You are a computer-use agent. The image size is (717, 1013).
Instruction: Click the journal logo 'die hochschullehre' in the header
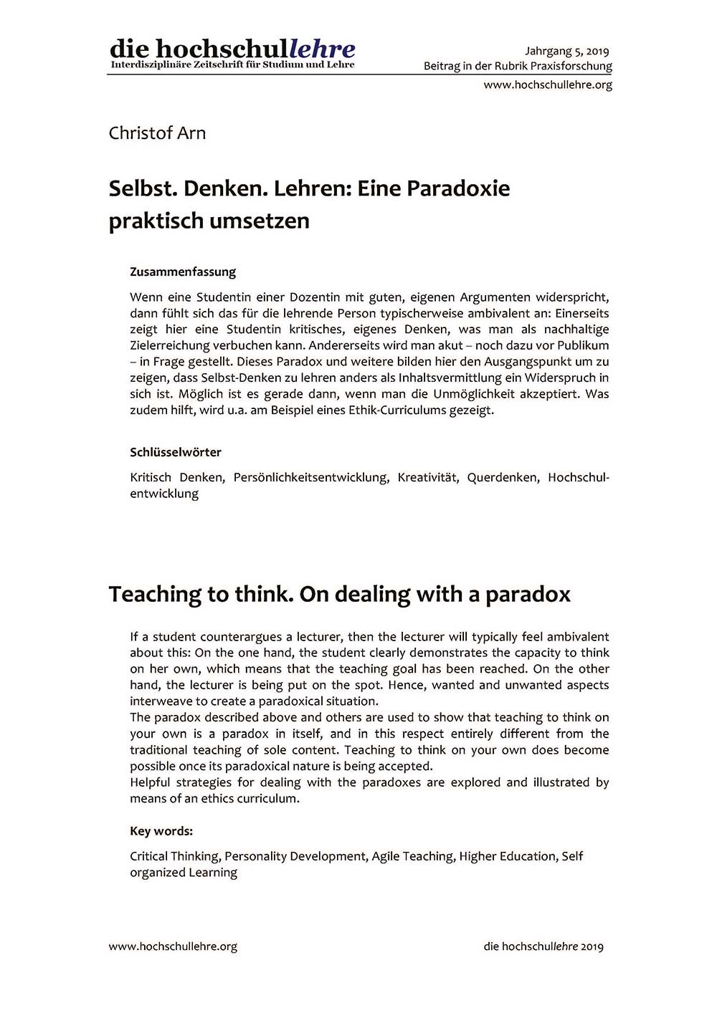232,50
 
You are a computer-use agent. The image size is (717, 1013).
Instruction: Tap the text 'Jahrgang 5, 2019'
566,51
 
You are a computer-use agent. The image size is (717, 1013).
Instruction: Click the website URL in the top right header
548,85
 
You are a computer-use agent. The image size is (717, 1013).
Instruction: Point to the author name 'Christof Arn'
157,133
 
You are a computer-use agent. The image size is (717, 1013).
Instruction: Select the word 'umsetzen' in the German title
265,221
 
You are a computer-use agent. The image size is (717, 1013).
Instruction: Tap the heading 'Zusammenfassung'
183,272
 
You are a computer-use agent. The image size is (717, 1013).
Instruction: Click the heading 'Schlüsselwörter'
176,452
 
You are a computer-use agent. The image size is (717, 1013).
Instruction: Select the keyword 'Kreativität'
427,477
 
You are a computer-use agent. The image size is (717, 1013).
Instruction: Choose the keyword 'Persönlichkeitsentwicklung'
310,477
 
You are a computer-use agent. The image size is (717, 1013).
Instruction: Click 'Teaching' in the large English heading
156,595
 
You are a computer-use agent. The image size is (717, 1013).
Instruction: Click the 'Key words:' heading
161,831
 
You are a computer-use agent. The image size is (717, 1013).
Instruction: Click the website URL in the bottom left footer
173,946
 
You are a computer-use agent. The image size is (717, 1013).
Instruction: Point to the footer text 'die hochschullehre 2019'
543,946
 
